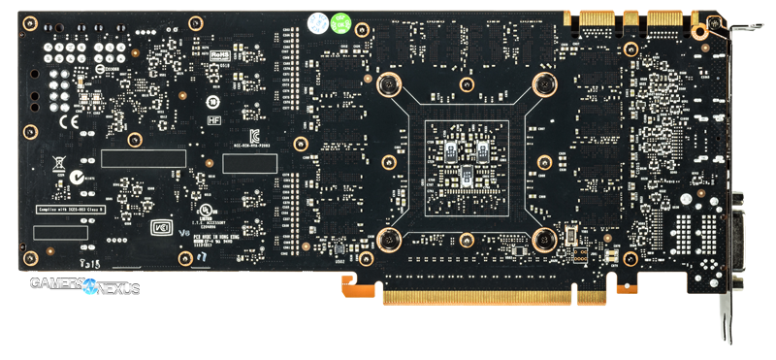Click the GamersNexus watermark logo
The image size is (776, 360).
click(84, 286)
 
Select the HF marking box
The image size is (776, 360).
click(215, 119)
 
